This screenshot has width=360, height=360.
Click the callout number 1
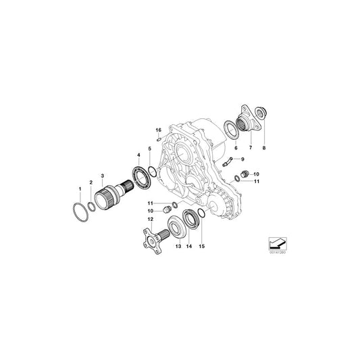(x=80, y=186)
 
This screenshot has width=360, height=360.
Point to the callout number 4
(x=138, y=157)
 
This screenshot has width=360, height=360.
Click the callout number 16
(x=157, y=130)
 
